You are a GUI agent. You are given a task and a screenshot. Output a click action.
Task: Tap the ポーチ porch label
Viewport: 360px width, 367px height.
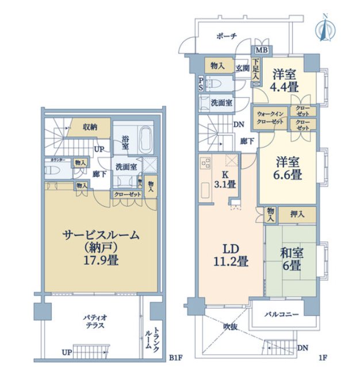point(227,36)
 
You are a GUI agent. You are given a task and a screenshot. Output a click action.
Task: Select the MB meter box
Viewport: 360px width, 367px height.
point(260,49)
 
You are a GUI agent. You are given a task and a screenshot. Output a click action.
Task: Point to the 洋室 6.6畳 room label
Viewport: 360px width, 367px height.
point(286,167)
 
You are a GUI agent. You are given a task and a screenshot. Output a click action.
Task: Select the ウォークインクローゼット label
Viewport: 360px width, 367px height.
point(269,118)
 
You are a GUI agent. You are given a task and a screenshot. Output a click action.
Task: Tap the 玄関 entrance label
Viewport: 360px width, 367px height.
point(242,68)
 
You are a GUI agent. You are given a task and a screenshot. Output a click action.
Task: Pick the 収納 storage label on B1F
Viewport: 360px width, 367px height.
point(89,127)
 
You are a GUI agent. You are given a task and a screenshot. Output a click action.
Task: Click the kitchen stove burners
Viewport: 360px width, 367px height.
point(205,163)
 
